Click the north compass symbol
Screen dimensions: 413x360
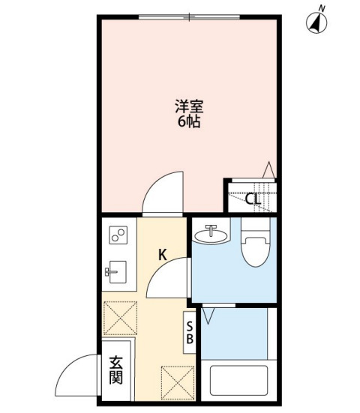tap(319, 23)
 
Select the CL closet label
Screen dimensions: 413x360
tap(253, 199)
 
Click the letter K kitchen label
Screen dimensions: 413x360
tap(162, 255)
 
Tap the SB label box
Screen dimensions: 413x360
tap(190, 331)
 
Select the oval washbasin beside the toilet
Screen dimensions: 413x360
tap(211, 236)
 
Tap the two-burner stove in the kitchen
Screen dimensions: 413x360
tap(118, 236)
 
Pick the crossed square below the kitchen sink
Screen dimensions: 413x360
tap(120, 317)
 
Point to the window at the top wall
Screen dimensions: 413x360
tap(190, 16)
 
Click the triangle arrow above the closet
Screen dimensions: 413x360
tap(268, 171)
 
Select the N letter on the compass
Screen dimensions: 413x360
tap(322, 7)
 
